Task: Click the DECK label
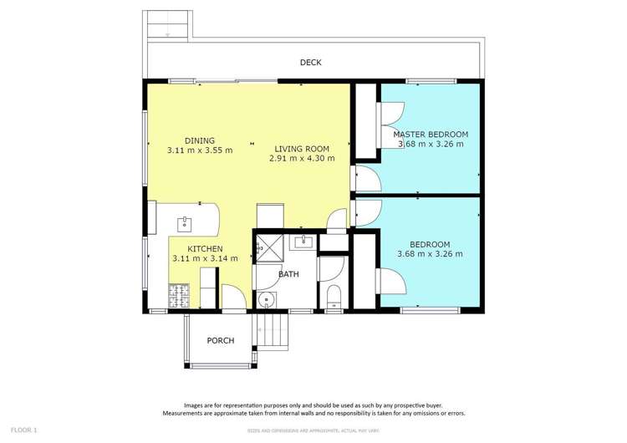(311, 63)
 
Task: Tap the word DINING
(200, 140)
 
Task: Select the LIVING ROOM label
(302, 148)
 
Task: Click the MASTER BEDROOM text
(431, 134)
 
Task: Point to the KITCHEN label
(205, 249)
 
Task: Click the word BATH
(288, 274)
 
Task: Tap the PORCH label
(221, 340)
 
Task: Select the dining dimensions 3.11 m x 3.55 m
(200, 150)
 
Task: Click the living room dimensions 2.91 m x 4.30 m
(302, 158)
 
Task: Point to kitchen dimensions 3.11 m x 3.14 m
(205, 259)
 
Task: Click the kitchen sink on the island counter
(184, 223)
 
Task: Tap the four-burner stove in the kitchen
(178, 295)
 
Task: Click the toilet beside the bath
(334, 294)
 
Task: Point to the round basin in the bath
(267, 300)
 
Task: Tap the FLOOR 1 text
(23, 430)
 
